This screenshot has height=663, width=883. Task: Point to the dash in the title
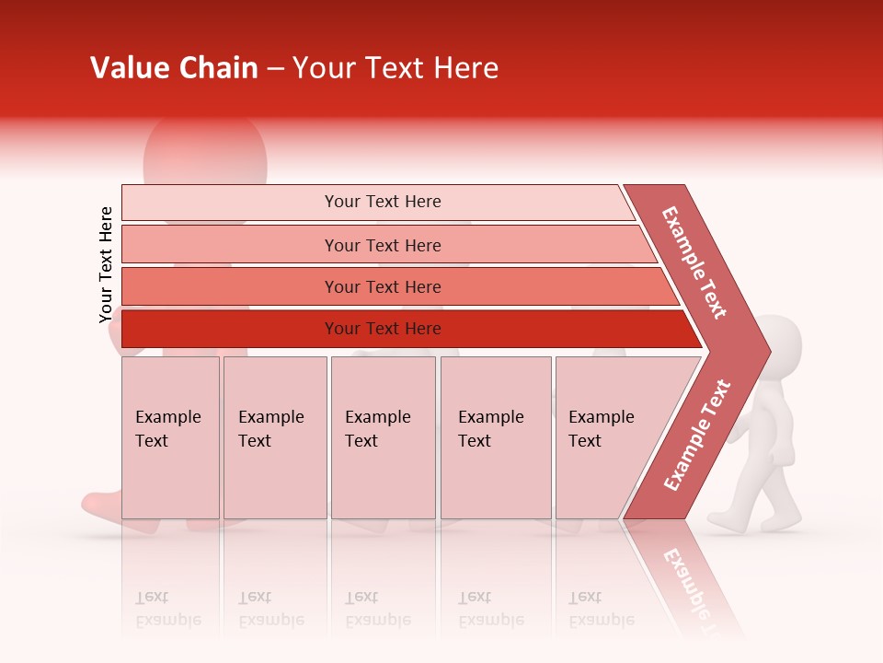[275, 69]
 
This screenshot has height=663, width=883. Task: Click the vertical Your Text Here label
[106, 264]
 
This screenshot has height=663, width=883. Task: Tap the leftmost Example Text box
[170, 437]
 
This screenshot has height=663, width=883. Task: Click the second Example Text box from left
[274, 437]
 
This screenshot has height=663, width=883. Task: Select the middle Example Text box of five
[383, 437]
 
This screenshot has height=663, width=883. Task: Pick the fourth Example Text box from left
[496, 437]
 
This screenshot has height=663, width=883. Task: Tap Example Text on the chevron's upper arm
[694, 262]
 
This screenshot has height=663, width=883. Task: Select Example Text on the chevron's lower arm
[696, 436]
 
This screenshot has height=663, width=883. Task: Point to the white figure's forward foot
[727, 523]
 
